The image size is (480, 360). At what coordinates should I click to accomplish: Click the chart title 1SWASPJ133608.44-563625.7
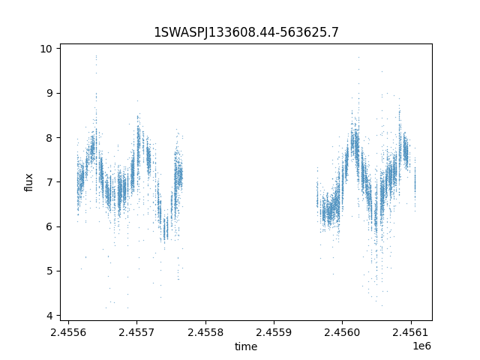246,32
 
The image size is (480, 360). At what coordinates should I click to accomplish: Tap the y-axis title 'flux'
28,182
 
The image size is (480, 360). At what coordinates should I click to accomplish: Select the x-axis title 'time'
246,346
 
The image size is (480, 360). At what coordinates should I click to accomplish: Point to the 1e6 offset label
422,346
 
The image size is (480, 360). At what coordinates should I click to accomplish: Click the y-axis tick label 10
46,49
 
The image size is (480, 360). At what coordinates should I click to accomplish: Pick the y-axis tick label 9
49,93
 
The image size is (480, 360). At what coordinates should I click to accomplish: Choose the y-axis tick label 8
49,138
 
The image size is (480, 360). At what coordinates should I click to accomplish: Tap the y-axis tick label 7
49,182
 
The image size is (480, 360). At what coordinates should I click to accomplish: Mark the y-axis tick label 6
49,226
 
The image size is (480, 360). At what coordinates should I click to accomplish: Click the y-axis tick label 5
49,271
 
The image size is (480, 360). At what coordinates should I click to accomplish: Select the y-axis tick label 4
49,316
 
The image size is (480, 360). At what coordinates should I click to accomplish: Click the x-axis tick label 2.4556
68,332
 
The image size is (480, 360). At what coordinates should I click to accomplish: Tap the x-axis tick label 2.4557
136,332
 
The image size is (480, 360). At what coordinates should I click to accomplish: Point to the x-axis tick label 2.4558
205,332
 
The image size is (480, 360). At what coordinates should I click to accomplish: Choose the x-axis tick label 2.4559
274,332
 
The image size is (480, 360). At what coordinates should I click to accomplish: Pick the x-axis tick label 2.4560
343,332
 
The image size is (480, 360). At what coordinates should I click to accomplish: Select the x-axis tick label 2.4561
411,332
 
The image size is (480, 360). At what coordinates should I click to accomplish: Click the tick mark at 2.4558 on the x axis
205,322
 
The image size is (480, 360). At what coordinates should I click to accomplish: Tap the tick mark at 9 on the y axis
58,93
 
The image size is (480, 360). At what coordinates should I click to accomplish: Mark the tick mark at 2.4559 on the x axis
274,322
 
